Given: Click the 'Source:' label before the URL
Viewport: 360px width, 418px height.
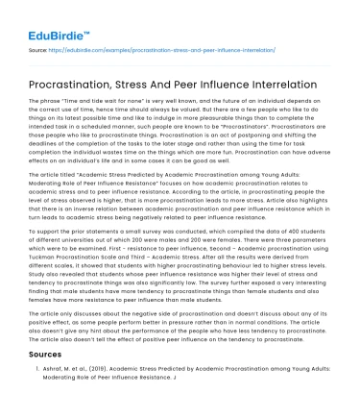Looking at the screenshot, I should tap(40, 46).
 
